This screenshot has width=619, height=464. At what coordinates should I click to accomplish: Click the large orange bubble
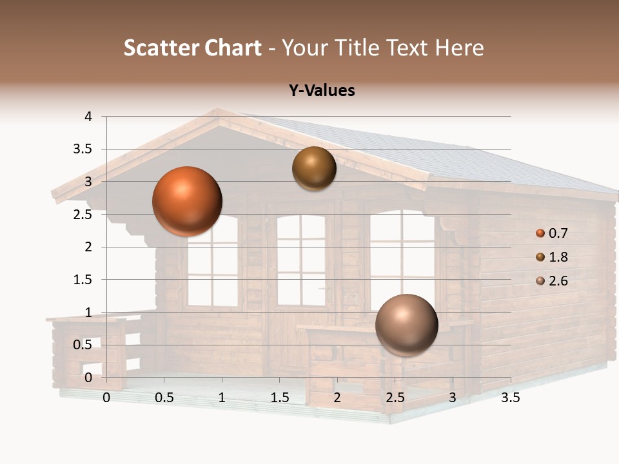click(x=187, y=201)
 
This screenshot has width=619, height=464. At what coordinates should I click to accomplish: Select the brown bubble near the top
click(x=314, y=168)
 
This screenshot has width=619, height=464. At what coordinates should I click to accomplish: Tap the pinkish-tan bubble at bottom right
click(x=406, y=325)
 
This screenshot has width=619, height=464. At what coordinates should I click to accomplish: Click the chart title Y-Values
click(x=322, y=91)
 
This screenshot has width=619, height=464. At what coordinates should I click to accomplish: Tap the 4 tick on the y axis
click(x=88, y=117)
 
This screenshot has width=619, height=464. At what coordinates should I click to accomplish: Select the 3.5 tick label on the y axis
click(x=84, y=150)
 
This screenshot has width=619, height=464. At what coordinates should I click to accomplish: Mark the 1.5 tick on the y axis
click(x=84, y=280)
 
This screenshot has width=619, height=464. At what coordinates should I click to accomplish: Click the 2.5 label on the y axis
click(x=84, y=215)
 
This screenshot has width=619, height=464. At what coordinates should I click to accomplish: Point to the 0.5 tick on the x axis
click(x=164, y=398)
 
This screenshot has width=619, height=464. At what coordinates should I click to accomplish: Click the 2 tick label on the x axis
click(x=337, y=398)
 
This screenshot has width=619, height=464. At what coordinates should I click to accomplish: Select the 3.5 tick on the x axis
click(x=510, y=398)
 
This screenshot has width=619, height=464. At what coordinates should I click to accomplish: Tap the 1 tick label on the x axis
click(x=222, y=398)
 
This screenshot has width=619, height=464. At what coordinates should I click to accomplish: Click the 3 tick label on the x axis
click(x=453, y=398)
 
